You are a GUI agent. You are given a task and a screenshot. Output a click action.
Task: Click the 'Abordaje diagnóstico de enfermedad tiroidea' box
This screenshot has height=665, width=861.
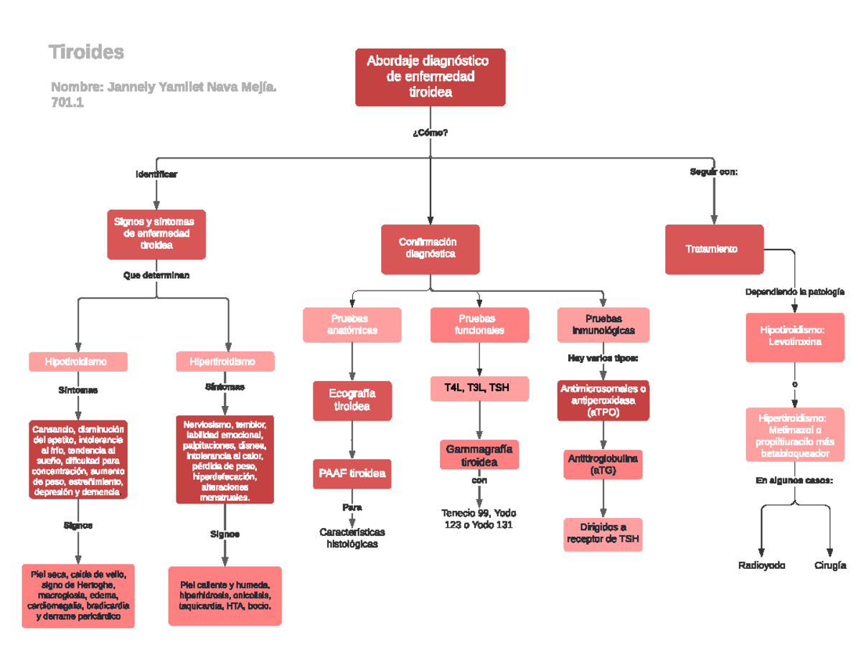pyautogui.click(x=430, y=77)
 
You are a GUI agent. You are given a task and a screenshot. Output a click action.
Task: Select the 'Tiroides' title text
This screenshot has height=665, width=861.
pyautogui.click(x=86, y=52)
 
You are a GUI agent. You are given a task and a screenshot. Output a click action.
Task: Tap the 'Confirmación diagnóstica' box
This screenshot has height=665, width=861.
pyautogui.click(x=430, y=248)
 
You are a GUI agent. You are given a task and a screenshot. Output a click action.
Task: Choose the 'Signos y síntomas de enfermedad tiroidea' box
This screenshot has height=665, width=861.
pyautogui.click(x=156, y=234)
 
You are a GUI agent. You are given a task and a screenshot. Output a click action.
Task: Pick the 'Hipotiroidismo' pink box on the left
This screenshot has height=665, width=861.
pyautogui.click(x=77, y=362)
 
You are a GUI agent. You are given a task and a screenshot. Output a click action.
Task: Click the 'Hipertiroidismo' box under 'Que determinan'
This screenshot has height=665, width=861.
pyautogui.click(x=225, y=362)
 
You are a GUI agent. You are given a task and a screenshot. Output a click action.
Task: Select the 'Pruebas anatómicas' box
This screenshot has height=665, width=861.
pyautogui.click(x=352, y=324)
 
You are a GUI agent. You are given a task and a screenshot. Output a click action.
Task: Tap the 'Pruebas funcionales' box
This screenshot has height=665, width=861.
pyautogui.click(x=479, y=324)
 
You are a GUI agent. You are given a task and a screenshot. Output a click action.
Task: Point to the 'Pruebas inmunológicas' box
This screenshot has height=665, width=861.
pyautogui.click(x=603, y=324)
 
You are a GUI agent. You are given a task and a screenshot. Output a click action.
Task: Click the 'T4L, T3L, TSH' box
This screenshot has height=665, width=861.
pyautogui.click(x=479, y=388)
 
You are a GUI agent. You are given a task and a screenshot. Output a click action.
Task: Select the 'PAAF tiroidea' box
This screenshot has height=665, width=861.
pyautogui.click(x=352, y=473)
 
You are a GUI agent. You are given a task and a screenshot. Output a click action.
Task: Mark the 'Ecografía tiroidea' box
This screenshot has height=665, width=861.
pyautogui.click(x=352, y=400)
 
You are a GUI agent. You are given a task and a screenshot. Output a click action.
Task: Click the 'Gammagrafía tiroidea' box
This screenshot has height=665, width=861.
pyautogui.click(x=479, y=455)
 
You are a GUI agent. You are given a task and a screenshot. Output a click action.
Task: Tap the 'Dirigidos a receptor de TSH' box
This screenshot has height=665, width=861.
pyautogui.click(x=603, y=534)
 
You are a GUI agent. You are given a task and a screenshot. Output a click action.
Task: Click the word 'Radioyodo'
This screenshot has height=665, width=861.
pyautogui.click(x=762, y=565)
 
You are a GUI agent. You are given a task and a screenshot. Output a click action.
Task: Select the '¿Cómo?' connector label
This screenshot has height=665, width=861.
pyautogui.click(x=430, y=133)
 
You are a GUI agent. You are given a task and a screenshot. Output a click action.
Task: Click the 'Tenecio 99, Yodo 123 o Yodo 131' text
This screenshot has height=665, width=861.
pyautogui.click(x=479, y=519)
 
